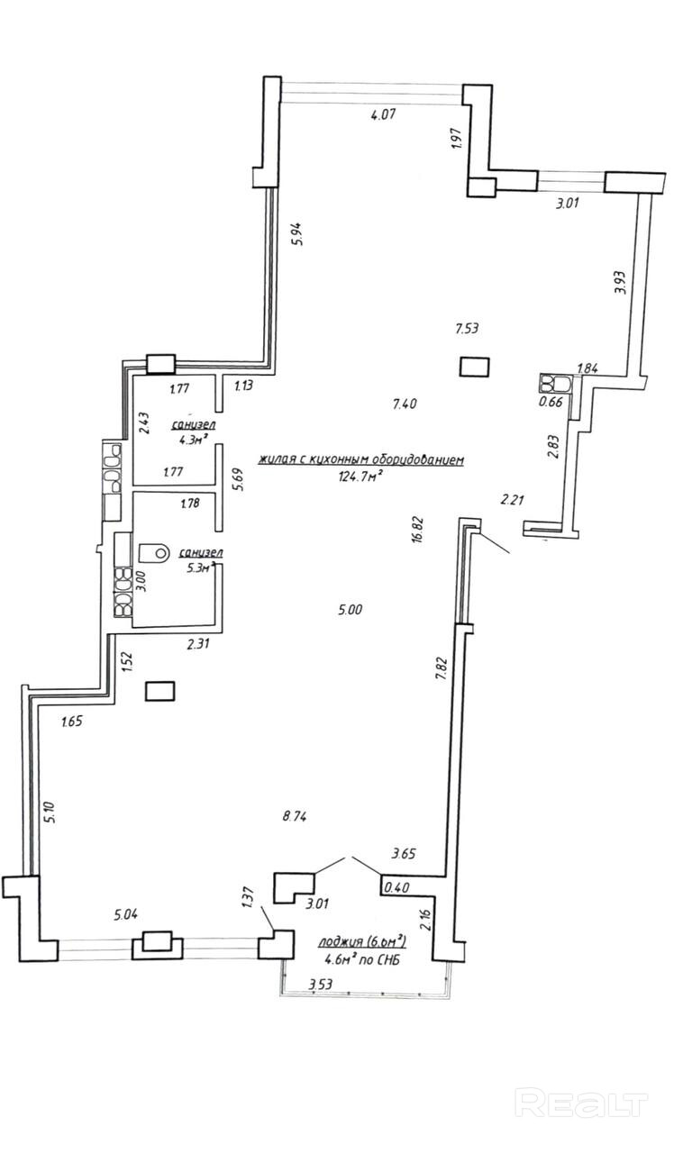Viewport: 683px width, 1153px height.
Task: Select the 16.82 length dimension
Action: point(417,525)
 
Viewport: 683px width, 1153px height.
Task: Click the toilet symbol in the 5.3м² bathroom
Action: point(155,549)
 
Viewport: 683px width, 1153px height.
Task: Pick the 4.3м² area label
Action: point(193,440)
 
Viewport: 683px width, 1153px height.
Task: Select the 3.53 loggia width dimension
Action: point(322,985)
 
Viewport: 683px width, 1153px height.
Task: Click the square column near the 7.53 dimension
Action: point(474,367)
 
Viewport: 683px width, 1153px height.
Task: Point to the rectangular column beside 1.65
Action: point(159,691)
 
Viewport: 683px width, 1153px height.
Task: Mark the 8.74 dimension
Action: point(296,817)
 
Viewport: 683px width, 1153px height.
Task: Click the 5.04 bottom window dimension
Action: point(125,916)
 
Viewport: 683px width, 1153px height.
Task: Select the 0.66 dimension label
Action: point(550,402)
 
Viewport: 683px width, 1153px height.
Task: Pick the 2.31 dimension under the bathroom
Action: point(198,644)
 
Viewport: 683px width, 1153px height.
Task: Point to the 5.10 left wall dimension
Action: point(51,813)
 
